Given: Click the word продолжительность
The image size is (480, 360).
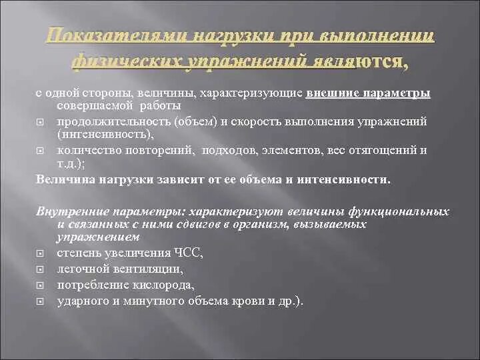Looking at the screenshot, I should pos(101,121).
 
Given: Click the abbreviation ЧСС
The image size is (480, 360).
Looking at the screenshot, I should pos(187,253).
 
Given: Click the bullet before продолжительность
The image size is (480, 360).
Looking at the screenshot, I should pos(40,122).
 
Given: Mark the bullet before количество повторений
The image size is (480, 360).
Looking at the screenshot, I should pos(40,150).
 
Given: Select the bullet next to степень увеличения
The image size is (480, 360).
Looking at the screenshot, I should pos(40,254).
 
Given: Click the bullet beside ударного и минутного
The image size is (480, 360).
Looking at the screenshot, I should pos(40,301).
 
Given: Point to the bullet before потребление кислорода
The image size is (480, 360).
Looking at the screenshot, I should pos(40,285).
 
